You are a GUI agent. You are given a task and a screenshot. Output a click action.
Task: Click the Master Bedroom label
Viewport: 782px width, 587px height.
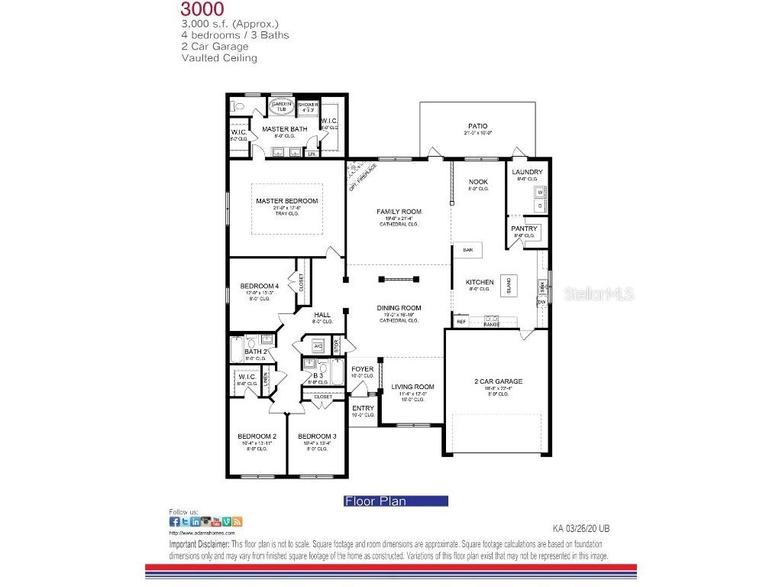point(286,201)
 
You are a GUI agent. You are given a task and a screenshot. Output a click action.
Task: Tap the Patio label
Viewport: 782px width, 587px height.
point(477,126)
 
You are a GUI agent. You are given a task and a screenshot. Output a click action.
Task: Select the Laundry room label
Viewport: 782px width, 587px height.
point(527,172)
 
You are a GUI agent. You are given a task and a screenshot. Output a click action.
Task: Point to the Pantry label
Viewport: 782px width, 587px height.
point(525,229)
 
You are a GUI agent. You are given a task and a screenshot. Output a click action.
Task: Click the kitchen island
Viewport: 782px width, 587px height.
point(509,285)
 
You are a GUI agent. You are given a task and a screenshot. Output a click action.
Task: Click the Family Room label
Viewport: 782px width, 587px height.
point(399,212)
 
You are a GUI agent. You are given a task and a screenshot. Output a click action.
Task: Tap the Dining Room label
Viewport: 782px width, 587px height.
point(399,308)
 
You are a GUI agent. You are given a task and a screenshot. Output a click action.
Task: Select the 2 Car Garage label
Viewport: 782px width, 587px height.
point(497,381)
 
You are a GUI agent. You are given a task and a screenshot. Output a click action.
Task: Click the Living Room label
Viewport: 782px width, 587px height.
point(412,387)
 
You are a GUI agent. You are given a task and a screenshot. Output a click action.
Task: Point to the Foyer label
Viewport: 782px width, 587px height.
point(362,369)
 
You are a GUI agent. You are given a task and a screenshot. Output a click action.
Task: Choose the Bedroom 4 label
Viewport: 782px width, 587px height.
point(254,286)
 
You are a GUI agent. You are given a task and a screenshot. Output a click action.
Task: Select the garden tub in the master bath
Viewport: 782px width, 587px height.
point(280,108)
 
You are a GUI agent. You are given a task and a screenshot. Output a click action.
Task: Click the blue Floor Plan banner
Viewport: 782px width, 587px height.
point(396,501)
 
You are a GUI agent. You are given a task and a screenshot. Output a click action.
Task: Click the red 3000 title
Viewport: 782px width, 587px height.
point(202,9)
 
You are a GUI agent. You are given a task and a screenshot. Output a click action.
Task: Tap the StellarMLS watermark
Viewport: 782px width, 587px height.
point(599,293)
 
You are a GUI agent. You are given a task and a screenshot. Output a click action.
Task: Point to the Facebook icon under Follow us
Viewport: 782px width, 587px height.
point(174,521)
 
